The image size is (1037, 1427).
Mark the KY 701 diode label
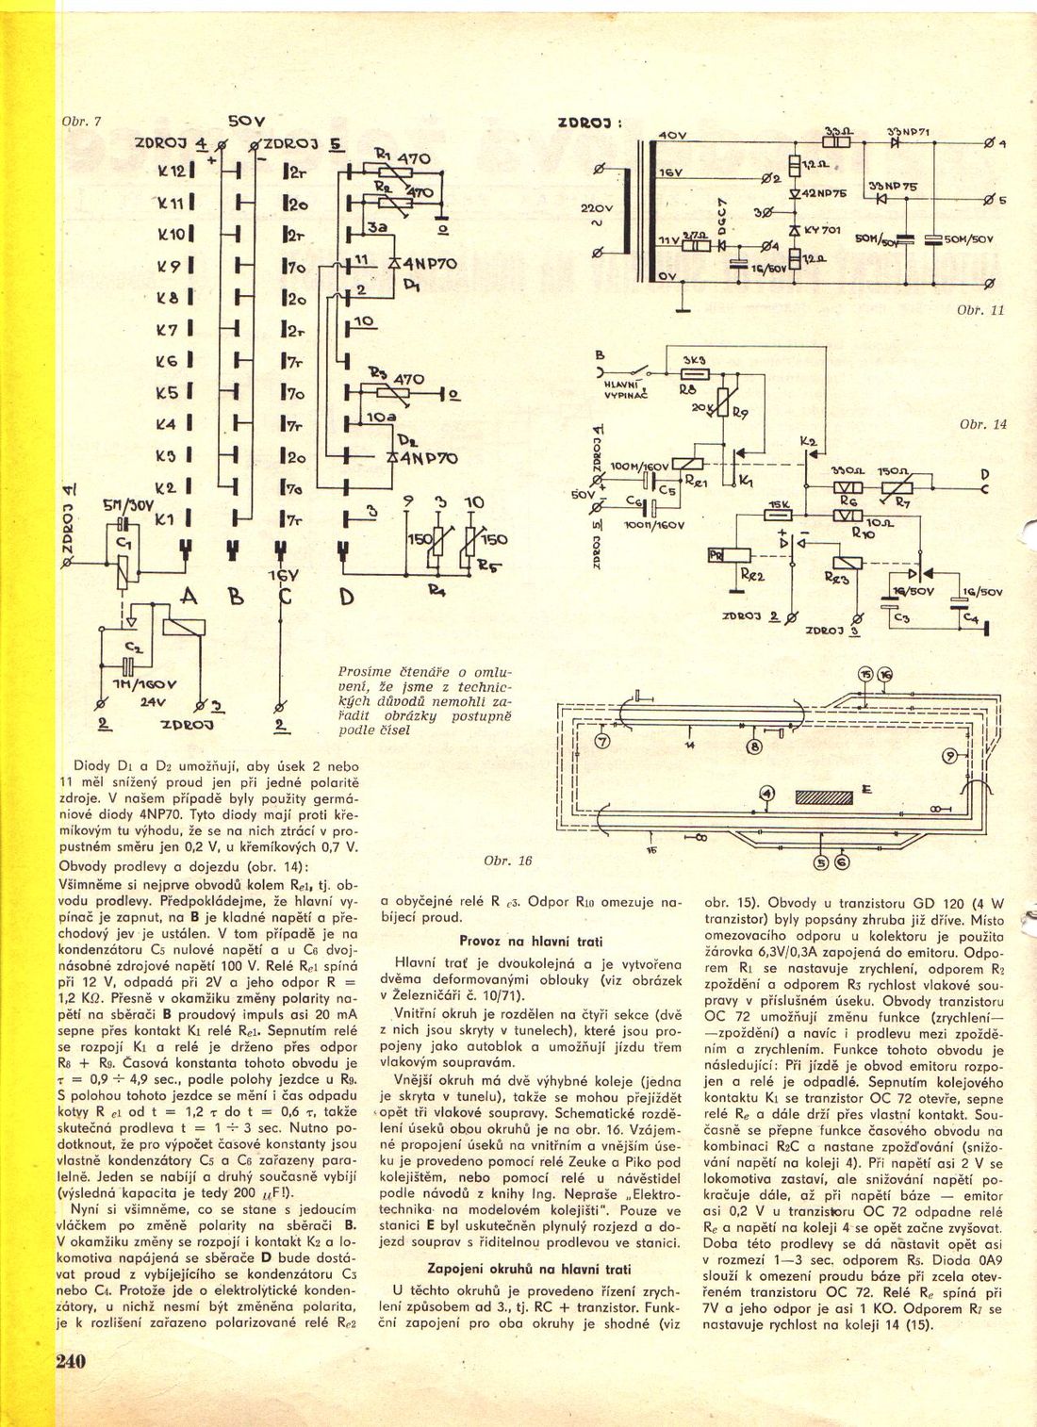click(820, 229)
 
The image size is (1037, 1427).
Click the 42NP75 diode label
click(826, 192)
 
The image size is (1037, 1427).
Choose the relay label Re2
click(753, 573)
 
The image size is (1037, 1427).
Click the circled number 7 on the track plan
click(603, 741)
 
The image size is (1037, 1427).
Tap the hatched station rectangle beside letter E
click(824, 797)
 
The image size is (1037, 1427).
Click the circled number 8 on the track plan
click(754, 747)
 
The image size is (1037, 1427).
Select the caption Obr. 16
click(507, 861)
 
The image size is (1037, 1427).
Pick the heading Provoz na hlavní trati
click(531, 941)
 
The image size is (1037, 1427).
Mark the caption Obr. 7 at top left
click(81, 123)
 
